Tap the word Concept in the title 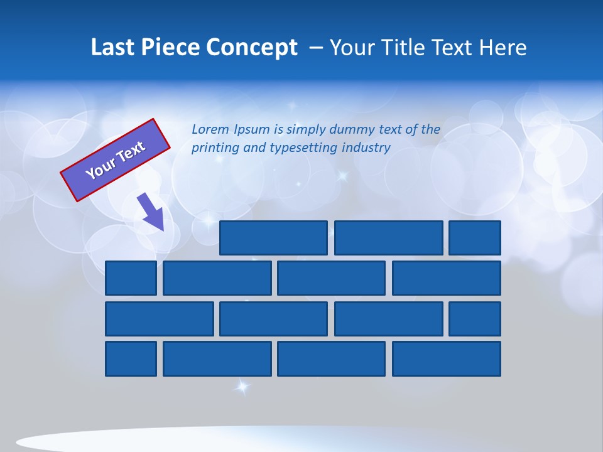click(x=254, y=48)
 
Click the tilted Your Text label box click(x=115, y=160)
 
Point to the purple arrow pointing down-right click(x=151, y=212)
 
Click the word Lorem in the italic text click(x=210, y=130)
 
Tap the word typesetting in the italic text click(x=304, y=148)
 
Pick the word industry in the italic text click(x=366, y=148)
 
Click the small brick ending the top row click(x=475, y=238)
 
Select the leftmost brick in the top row click(x=273, y=238)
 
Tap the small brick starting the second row click(x=131, y=278)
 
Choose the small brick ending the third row click(x=475, y=319)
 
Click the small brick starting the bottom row click(x=131, y=359)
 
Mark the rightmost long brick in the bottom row click(x=447, y=359)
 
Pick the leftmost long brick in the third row click(x=160, y=319)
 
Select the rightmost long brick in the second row click(x=447, y=278)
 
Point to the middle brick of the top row click(x=388, y=238)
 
